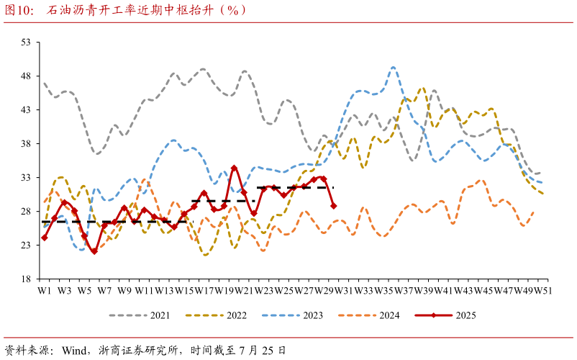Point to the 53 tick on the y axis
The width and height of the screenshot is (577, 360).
point(26,42)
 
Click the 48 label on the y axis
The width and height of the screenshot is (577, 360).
point(26,76)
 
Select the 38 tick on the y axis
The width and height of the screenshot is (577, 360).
point(26,144)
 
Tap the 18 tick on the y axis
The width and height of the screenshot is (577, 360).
point(26,279)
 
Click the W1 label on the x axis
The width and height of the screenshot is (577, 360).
point(45,290)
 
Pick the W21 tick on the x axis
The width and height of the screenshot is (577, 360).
point(245,290)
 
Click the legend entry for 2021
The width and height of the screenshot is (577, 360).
point(140,315)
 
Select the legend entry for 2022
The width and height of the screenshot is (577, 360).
point(216,315)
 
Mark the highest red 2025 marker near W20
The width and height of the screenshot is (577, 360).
point(234,168)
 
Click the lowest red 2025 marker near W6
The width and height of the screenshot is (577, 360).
point(94,251)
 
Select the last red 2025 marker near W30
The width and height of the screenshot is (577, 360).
point(333,206)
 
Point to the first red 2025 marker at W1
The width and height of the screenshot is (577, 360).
point(45,238)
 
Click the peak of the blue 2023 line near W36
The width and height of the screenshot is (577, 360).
point(394,68)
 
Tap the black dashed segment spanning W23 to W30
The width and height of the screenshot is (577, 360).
point(295,188)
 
